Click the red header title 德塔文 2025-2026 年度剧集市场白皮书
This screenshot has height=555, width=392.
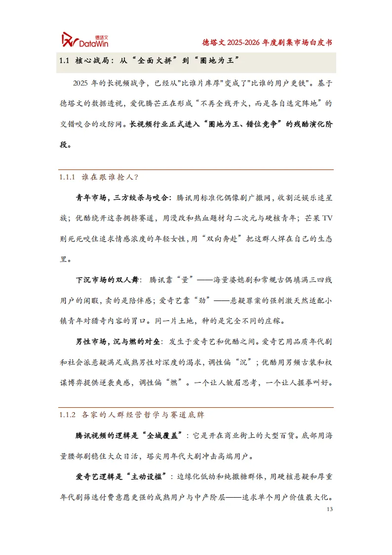coord(267,42)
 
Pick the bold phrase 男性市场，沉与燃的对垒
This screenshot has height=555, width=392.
coord(119,341)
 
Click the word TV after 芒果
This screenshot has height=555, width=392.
coord(326,218)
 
